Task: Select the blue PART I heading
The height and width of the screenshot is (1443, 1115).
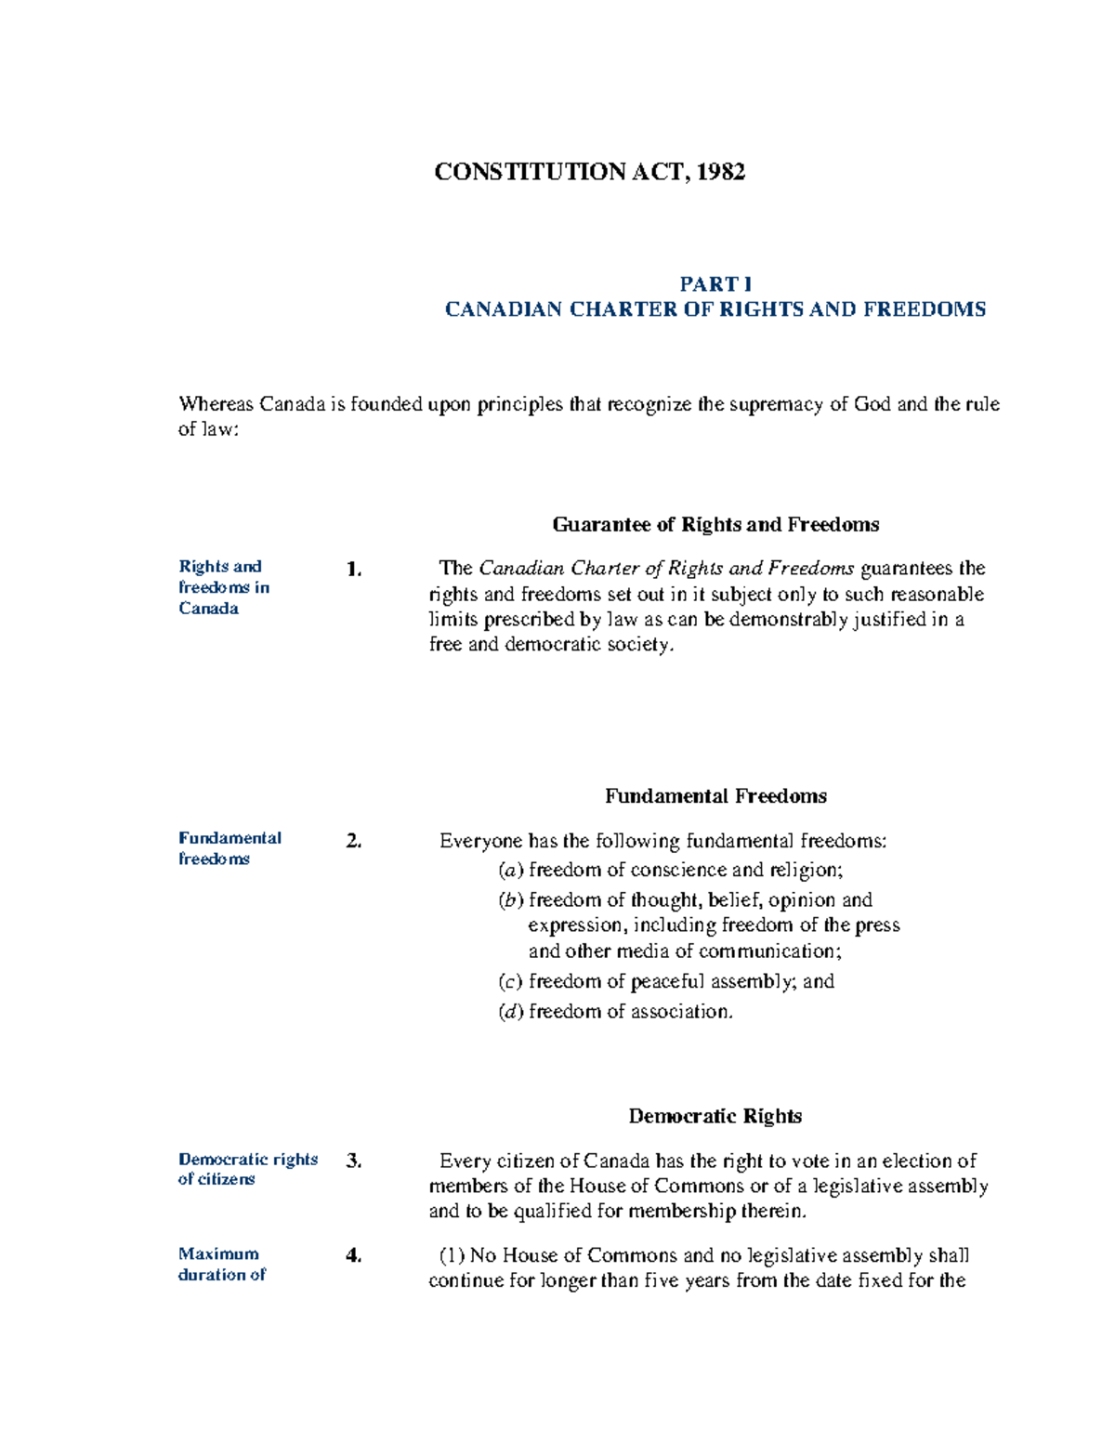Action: pos(715,284)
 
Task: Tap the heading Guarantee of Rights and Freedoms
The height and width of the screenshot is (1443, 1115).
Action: pos(715,525)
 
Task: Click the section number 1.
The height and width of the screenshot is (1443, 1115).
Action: pos(353,570)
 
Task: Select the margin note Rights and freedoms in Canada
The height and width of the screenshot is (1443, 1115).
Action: pos(223,587)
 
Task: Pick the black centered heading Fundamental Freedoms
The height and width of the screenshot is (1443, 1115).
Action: pos(715,796)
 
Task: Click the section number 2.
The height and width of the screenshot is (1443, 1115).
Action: pos(353,841)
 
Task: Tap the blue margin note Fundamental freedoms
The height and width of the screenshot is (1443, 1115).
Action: pos(229,848)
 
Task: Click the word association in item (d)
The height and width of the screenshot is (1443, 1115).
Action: pos(680,1012)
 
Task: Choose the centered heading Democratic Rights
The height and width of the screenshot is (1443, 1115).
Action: pos(715,1116)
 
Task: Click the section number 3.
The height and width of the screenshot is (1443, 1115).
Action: pos(353,1161)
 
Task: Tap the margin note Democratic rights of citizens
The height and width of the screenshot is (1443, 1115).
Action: pos(247,1169)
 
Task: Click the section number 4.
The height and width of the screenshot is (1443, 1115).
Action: pos(353,1256)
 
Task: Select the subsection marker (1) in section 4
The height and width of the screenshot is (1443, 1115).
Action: pos(452,1256)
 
